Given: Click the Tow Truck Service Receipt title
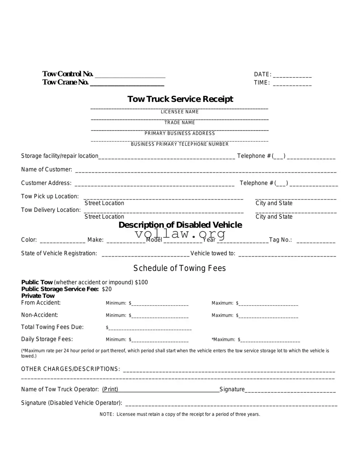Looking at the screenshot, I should [x=180, y=99].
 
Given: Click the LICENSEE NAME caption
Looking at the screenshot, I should [x=179, y=112].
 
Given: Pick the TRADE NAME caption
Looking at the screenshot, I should [x=179, y=123].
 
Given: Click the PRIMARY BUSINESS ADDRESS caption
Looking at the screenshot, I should [x=179, y=134].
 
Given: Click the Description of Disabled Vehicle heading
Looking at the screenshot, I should [x=180, y=225].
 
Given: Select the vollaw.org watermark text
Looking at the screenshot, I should [x=180, y=234].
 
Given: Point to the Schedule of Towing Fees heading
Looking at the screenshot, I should [x=179, y=268].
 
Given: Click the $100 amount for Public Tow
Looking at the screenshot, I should [x=141, y=282].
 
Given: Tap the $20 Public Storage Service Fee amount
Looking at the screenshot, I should [x=107, y=289].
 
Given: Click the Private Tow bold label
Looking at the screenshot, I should [x=38, y=296].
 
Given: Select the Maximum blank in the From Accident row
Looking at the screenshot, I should [x=268, y=304].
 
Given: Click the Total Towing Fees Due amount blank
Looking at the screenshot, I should [x=150, y=329].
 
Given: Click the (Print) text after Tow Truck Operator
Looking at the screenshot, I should [x=110, y=389].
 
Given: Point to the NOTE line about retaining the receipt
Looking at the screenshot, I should [x=180, y=414].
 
